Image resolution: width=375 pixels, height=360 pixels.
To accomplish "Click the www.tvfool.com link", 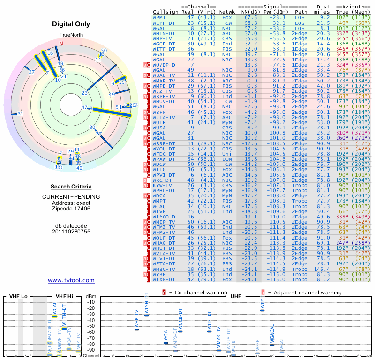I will (71, 280).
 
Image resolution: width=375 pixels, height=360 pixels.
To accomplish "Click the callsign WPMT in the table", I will (159, 17).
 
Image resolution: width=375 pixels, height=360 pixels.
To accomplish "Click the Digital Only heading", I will (71, 24).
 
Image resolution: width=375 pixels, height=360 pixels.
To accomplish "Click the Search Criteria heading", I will (71, 187).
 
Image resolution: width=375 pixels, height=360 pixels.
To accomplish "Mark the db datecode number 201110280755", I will (71, 231).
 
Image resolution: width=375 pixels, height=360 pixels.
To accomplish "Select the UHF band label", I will (236, 296).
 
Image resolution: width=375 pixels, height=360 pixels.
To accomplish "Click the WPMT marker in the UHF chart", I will (262, 310).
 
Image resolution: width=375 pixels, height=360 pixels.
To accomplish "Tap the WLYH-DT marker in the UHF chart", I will (146, 315).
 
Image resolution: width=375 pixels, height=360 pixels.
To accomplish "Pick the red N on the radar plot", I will (60, 44).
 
